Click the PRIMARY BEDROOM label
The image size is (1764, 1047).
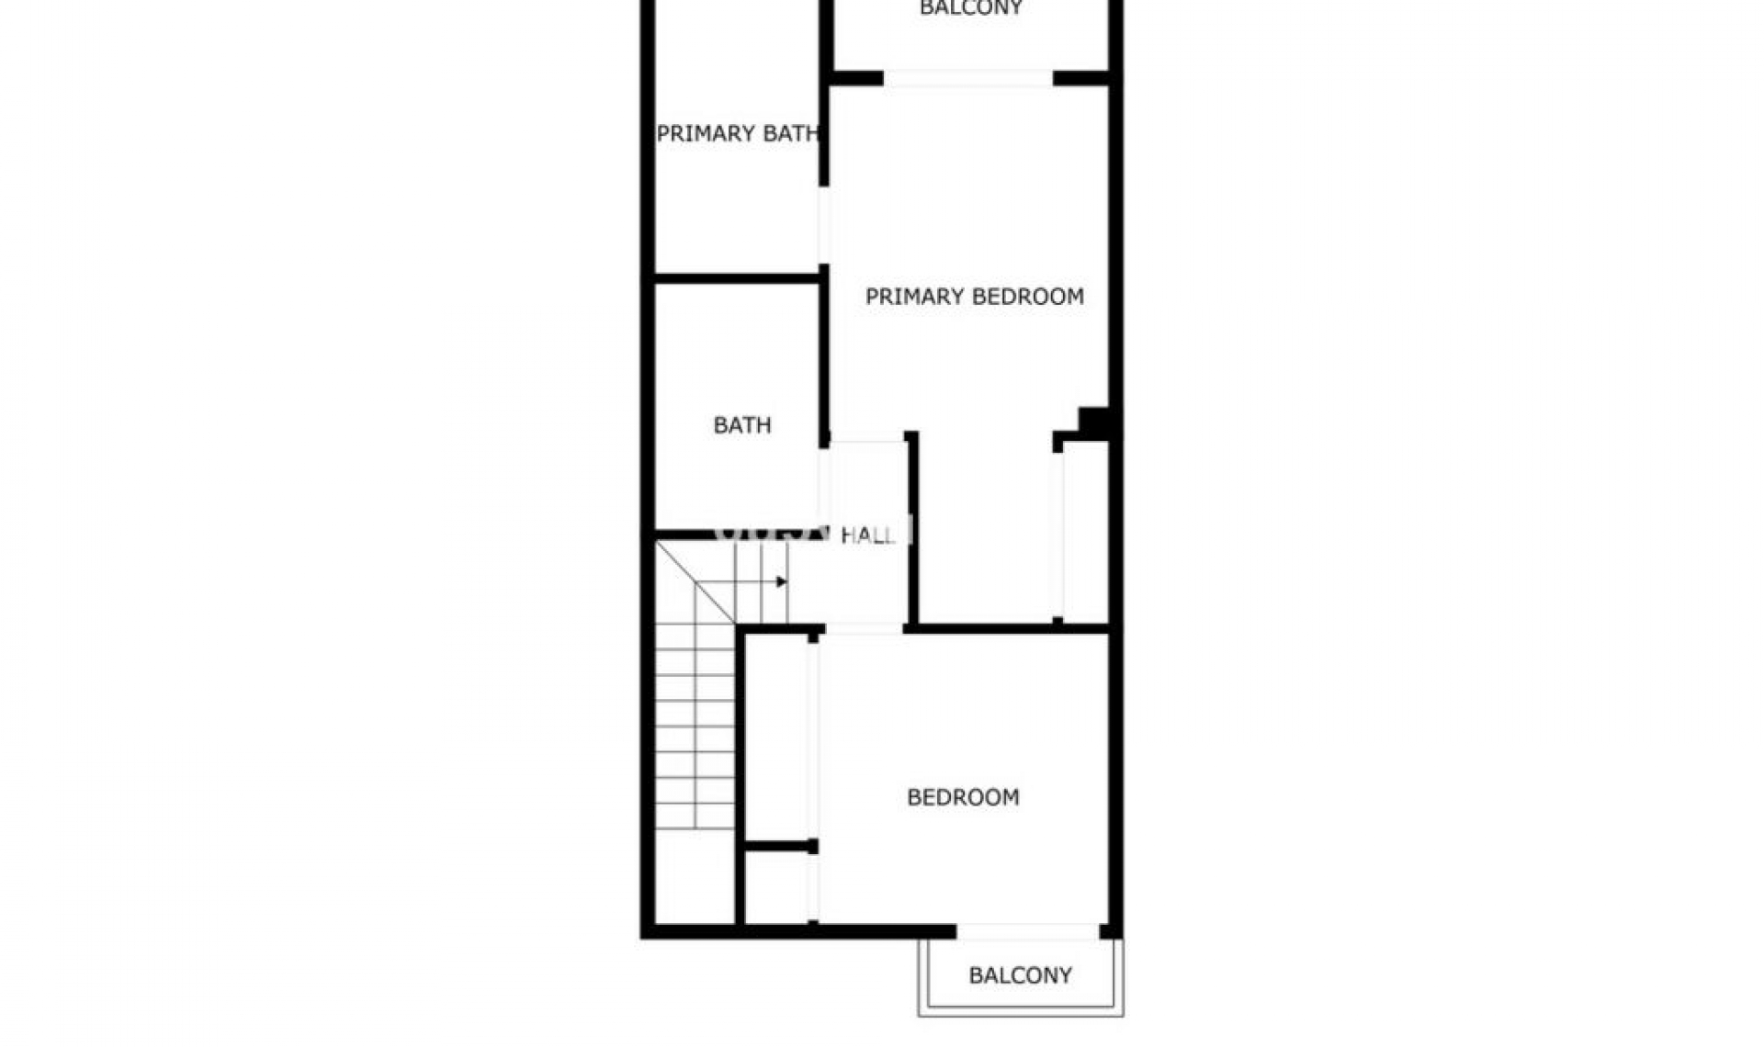974,297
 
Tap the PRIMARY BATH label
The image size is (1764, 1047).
737,134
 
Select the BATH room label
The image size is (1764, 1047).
741,425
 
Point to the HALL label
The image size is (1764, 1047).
867,535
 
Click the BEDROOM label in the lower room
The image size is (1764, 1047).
963,797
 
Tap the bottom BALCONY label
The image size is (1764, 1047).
1020,975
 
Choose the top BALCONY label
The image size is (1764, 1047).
970,9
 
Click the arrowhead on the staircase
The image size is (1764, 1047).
781,581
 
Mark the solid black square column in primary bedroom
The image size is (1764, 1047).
1093,422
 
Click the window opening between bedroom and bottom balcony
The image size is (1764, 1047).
1027,931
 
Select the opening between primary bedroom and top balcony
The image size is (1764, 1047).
967,78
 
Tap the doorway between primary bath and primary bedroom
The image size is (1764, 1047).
824,225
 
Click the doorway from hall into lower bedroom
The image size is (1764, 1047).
864,629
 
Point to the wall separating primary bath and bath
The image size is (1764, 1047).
736,276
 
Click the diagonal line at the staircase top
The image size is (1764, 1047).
695,581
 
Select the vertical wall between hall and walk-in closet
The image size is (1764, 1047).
912,528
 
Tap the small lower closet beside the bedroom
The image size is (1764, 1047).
777,887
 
